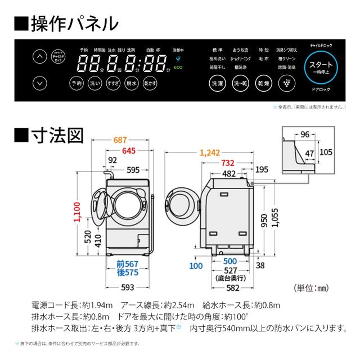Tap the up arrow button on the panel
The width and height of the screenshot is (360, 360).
pos(39,57)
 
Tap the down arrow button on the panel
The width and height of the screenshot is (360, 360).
pos(39,83)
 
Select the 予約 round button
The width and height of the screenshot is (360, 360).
pos(76,83)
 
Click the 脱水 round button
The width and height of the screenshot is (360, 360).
pos(131,83)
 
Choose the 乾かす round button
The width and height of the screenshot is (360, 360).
pos(150,83)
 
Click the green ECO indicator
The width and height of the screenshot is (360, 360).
pos(178,67)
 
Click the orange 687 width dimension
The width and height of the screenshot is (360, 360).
pos(118,141)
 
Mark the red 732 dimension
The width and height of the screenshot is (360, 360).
pos(227,163)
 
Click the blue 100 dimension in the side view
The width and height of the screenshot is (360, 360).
pos(195,265)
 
